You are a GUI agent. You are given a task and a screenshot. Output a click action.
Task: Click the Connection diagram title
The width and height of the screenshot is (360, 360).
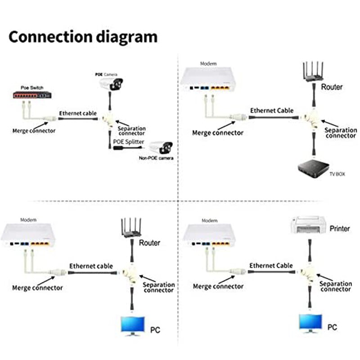coord(83,36)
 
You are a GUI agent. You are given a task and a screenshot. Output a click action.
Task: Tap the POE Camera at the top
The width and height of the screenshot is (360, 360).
coord(111,83)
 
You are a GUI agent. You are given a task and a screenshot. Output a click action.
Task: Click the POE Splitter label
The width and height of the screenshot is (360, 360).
coord(128,142)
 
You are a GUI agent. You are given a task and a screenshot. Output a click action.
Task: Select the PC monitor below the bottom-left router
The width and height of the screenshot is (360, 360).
coord(133,325)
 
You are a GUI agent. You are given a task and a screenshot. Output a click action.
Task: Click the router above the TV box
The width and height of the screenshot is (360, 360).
coord(311,73)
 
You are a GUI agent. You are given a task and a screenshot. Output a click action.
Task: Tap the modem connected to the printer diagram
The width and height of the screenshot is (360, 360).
coord(210,236)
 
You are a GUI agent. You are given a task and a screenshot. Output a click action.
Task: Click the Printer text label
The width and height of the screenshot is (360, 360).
coord(340,229)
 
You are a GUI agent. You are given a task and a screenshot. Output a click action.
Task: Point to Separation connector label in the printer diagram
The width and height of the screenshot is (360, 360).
coord(335,286)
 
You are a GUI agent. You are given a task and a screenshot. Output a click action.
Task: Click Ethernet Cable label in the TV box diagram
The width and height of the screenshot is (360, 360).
coord(272,110)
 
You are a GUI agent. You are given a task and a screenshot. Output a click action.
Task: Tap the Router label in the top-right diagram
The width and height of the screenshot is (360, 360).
coord(332,87)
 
